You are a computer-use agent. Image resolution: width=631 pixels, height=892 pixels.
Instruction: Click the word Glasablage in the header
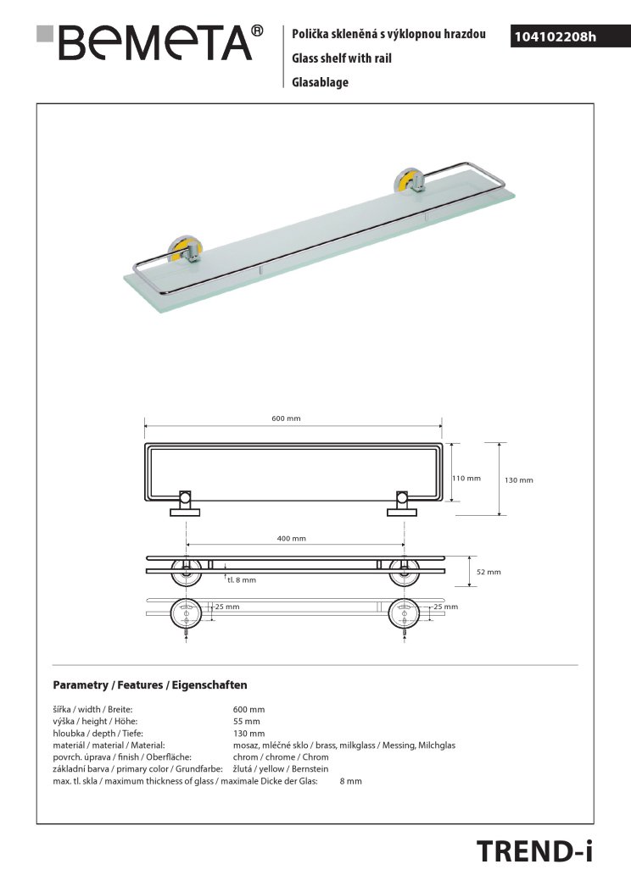pos(320,82)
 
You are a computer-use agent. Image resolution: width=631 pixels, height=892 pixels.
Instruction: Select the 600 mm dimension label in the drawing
pos(286,418)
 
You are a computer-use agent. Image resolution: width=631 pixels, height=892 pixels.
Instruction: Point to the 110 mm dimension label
pos(466,478)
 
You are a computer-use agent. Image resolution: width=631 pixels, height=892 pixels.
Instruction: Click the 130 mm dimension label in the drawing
pos(519,480)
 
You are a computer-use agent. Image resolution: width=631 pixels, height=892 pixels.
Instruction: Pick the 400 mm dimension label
pos(291,538)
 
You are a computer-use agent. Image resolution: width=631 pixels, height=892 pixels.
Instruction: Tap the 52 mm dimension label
pos(489,572)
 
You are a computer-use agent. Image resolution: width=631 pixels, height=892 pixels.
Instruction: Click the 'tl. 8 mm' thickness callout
pos(241,580)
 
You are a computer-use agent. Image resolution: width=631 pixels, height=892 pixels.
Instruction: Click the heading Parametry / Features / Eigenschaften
pos(149,684)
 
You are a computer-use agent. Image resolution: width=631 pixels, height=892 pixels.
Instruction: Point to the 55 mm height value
pos(247,721)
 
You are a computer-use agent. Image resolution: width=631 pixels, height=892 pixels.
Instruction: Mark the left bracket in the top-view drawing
pos(186,502)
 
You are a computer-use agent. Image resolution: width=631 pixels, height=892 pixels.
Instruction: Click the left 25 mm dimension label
pos(226,607)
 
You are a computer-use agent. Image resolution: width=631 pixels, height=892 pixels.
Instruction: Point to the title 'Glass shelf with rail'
pos(341,58)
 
